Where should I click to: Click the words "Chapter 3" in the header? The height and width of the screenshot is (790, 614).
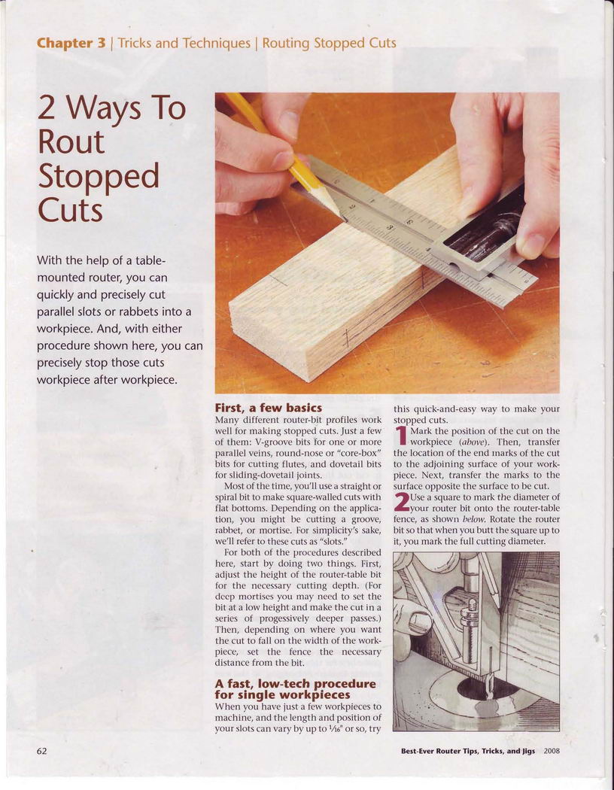point(71,44)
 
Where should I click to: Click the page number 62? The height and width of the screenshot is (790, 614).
point(42,751)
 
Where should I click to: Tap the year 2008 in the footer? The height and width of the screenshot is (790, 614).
point(552,751)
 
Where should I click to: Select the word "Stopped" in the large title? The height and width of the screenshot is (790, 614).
point(99,176)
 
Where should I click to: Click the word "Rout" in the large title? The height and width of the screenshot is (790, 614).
point(71,142)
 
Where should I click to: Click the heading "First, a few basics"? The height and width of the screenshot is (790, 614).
point(268,407)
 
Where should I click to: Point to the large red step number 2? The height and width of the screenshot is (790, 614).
point(402,503)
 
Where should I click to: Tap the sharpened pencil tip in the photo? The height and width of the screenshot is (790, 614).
point(343,217)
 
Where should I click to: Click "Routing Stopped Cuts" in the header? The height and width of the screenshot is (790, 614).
point(330,44)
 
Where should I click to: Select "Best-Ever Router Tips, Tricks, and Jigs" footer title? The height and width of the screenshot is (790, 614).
point(468,751)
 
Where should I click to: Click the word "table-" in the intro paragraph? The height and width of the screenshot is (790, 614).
point(144,260)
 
